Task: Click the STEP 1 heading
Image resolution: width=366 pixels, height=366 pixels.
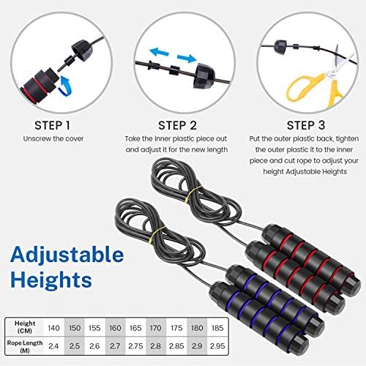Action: [52, 125]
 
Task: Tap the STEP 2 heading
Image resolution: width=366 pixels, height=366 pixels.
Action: [177, 125]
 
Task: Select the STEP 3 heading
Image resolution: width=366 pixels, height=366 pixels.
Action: [306, 125]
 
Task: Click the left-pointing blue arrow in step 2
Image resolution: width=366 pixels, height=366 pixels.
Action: [160, 52]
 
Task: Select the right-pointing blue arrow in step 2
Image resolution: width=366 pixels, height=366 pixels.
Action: [187, 59]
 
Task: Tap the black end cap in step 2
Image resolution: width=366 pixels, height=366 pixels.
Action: [204, 75]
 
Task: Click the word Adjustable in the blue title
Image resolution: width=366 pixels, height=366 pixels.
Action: [67, 255]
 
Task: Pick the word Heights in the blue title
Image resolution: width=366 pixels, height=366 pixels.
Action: [51, 280]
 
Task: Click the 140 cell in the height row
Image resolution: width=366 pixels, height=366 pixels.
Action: [53, 328]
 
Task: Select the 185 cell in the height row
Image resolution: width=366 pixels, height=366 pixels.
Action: [217, 328]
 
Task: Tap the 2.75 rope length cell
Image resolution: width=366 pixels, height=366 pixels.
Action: [135, 346]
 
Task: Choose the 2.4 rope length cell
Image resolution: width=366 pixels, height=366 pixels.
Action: [53, 346]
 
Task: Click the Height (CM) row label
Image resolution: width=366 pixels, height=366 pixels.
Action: [25, 327]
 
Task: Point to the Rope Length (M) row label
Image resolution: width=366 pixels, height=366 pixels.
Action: [25, 346]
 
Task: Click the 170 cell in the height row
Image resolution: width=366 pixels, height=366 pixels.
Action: [156, 328]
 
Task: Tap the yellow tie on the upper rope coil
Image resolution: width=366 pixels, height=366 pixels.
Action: [193, 194]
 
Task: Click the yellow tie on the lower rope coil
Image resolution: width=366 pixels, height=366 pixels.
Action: [156, 235]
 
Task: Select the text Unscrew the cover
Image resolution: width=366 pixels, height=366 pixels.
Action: [53, 138]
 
